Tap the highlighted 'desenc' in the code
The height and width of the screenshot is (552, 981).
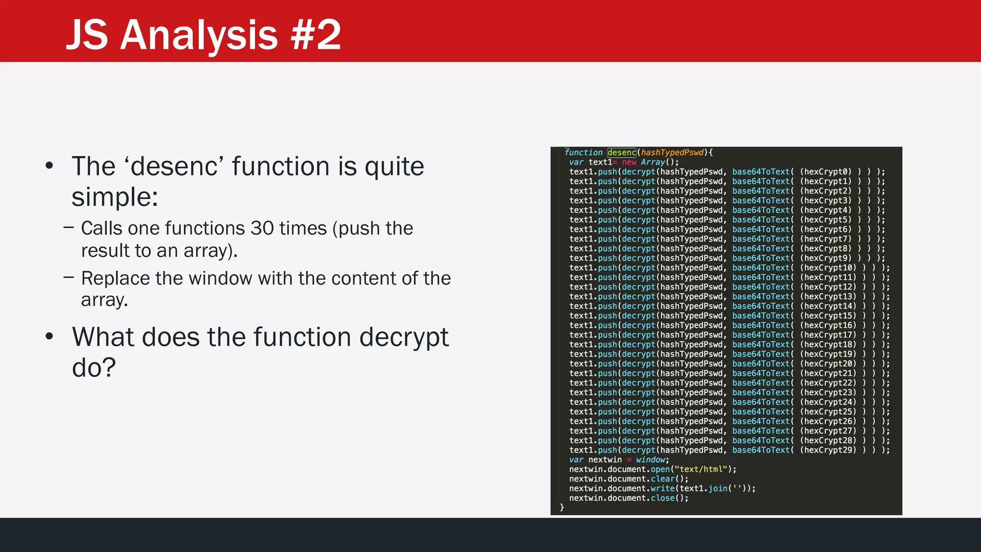[x=622, y=152]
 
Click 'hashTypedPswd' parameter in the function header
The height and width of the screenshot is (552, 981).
[x=672, y=152]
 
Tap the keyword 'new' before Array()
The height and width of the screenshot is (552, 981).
[x=629, y=162]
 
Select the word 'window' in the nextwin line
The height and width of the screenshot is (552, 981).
[x=650, y=460]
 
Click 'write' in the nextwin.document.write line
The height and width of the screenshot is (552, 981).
[x=662, y=488]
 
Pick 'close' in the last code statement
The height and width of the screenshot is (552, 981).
[x=662, y=498]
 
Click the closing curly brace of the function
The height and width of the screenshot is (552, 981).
[x=562, y=507]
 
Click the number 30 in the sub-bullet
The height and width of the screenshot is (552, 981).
[x=262, y=229]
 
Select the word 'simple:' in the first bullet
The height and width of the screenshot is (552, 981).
[x=114, y=197]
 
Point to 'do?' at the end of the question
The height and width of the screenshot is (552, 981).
[x=94, y=368]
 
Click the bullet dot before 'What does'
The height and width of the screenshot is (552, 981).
[x=49, y=336]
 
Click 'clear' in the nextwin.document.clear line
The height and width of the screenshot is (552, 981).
[x=662, y=479]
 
